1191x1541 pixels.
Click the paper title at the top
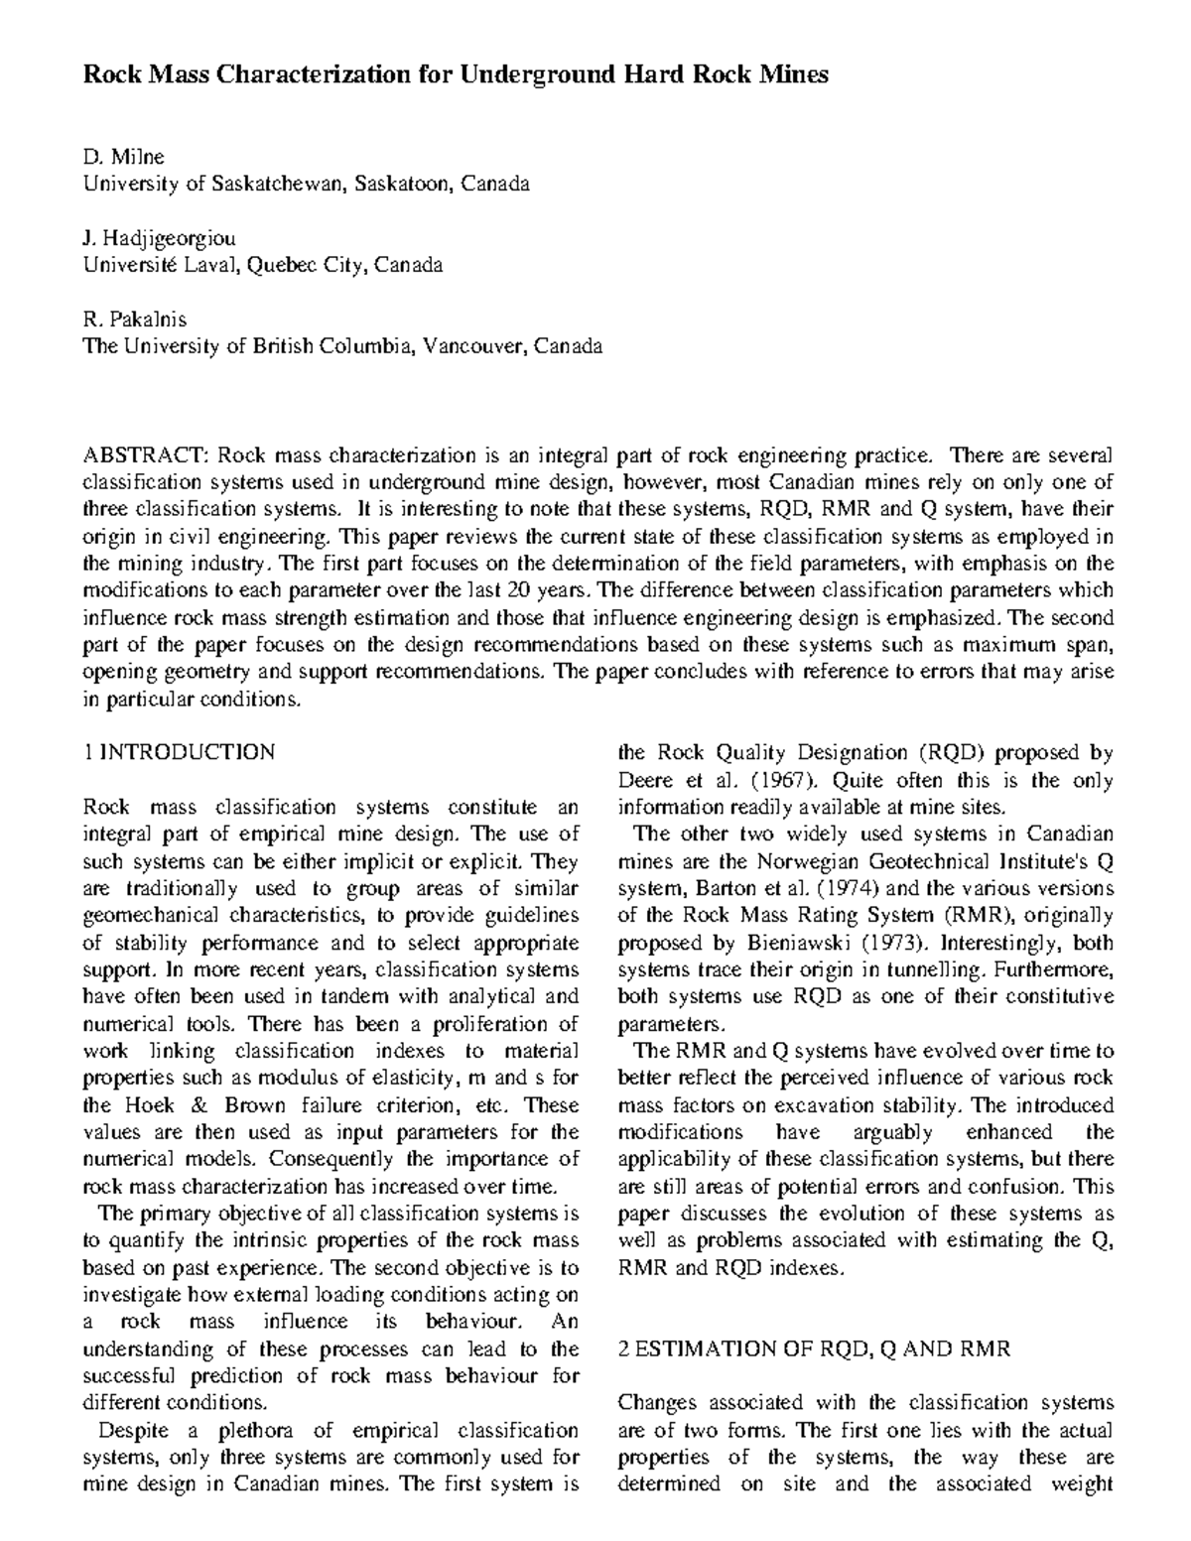(x=455, y=75)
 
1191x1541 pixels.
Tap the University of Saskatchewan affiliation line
(x=306, y=184)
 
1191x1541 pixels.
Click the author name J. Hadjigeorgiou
(x=159, y=238)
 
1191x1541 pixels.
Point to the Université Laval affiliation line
(x=262, y=265)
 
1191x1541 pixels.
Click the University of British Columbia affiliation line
(x=341, y=346)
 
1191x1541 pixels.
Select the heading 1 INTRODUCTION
(x=179, y=752)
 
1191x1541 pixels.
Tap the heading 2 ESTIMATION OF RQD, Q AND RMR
(x=814, y=1348)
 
